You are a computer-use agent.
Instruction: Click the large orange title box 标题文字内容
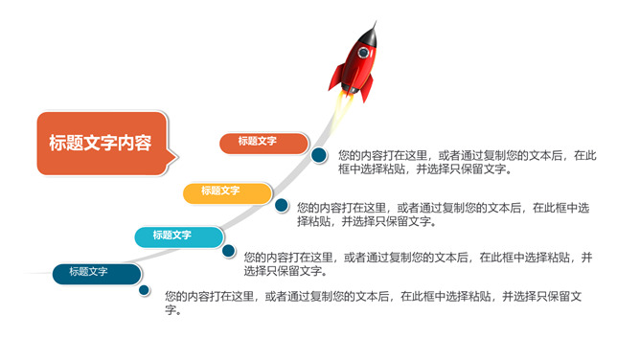coord(101,144)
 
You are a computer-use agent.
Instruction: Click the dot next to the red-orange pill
coord(318,154)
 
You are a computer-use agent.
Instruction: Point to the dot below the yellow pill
coord(282,206)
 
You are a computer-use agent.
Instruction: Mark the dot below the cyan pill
coord(229,251)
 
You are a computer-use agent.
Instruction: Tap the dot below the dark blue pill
coord(145,289)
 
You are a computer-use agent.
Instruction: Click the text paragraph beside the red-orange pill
coord(468,162)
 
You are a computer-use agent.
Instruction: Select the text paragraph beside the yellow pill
coord(443,214)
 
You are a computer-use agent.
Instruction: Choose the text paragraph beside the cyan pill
coord(418,263)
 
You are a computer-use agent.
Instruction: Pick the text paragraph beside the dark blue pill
coord(374,303)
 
